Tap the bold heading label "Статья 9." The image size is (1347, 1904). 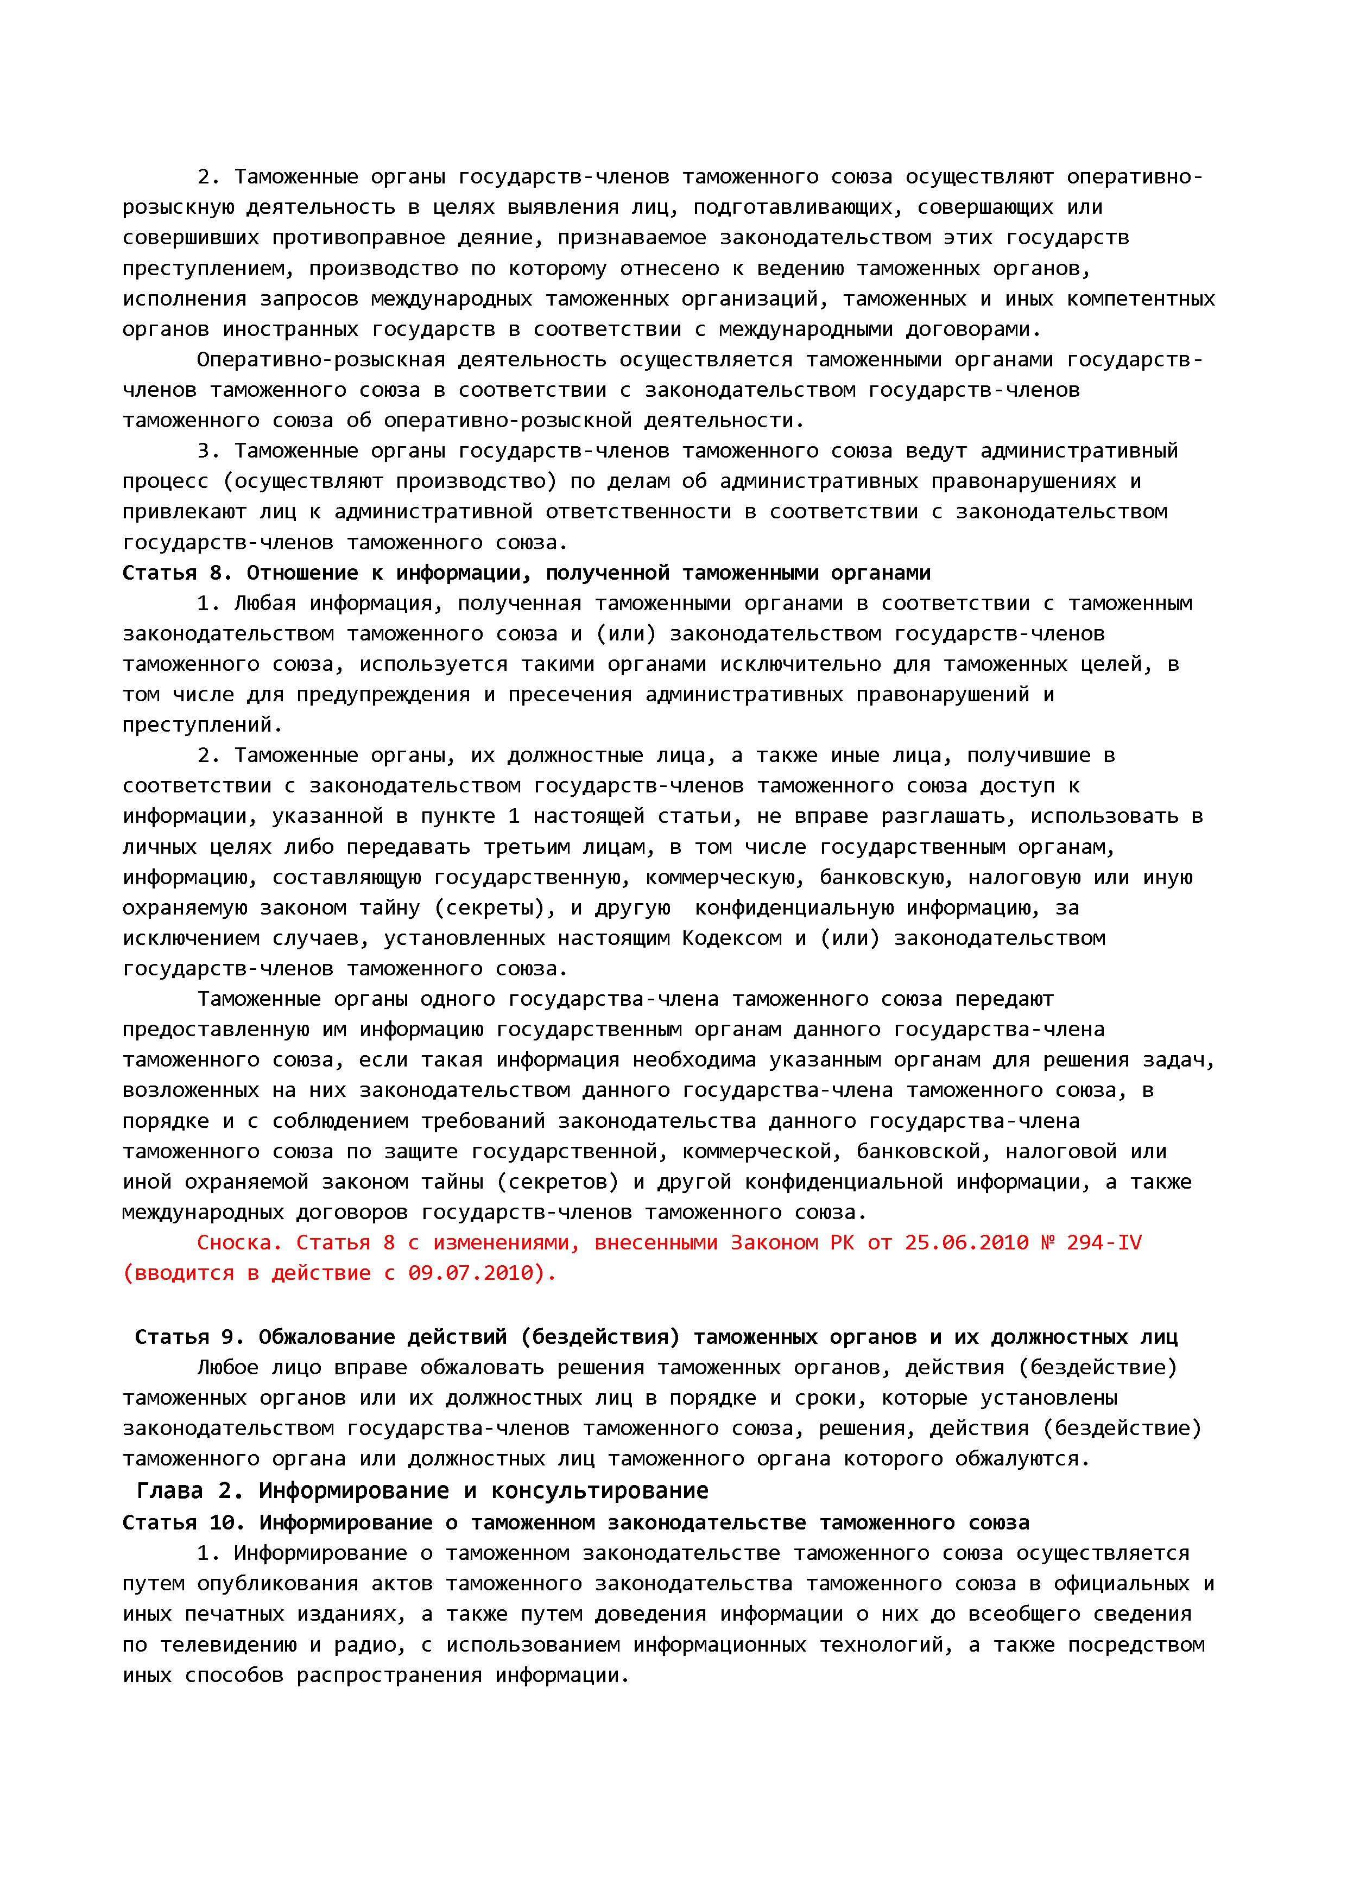190,1337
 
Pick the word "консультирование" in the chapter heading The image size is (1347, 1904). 600,1491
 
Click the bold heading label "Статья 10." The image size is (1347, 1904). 184,1522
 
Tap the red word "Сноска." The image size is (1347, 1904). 240,1242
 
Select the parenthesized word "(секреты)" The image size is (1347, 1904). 495,908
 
